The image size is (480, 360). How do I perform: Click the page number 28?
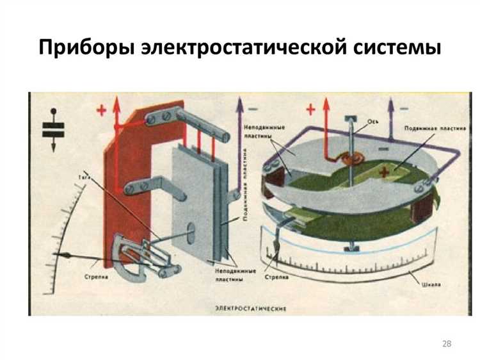[447, 345]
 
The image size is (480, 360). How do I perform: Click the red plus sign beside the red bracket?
[100, 110]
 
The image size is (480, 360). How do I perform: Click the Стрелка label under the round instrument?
[276, 277]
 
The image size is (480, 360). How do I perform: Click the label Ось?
[372, 119]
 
